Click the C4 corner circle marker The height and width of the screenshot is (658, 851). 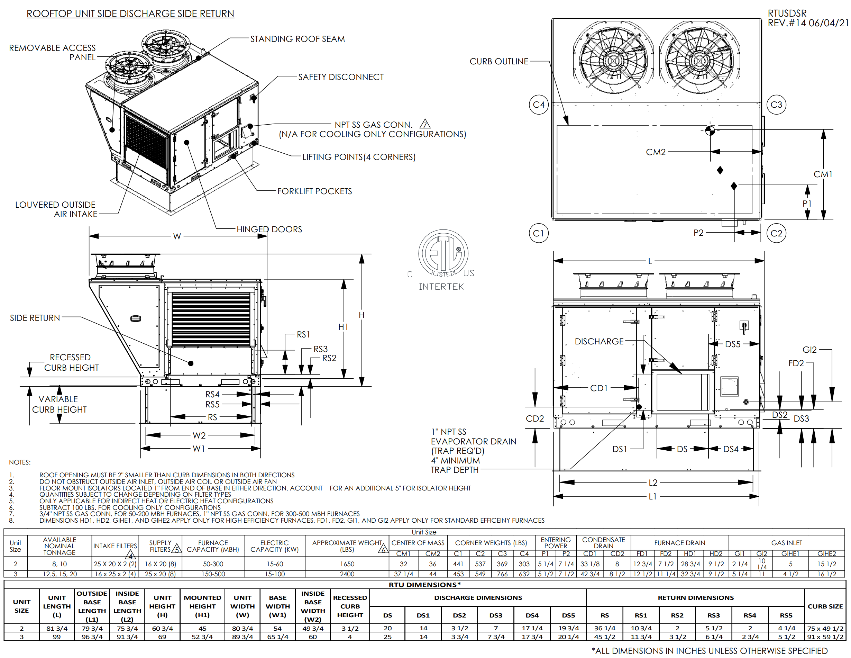(539, 105)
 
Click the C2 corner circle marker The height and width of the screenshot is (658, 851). (776, 233)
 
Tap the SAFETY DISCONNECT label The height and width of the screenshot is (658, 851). (340, 77)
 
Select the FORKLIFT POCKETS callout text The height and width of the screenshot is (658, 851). (314, 191)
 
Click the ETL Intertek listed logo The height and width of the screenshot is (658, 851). (443, 259)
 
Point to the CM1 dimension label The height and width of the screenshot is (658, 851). (823, 174)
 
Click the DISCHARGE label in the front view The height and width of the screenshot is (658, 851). (599, 342)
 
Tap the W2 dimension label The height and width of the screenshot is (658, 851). (199, 435)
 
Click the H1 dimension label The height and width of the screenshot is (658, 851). (343, 327)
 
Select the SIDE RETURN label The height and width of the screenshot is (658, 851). (35, 318)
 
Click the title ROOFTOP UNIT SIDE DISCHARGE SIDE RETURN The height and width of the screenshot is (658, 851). (130, 13)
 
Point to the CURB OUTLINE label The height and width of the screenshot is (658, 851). (499, 62)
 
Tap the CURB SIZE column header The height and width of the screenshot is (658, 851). (825, 606)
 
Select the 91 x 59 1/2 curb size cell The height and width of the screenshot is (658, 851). (825, 637)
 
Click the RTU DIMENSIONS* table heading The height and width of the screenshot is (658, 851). (425, 585)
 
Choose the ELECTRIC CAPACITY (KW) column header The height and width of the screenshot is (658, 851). (274, 546)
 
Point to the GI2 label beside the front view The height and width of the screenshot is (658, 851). (809, 350)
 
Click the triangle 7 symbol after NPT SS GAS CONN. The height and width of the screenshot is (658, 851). (425, 124)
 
